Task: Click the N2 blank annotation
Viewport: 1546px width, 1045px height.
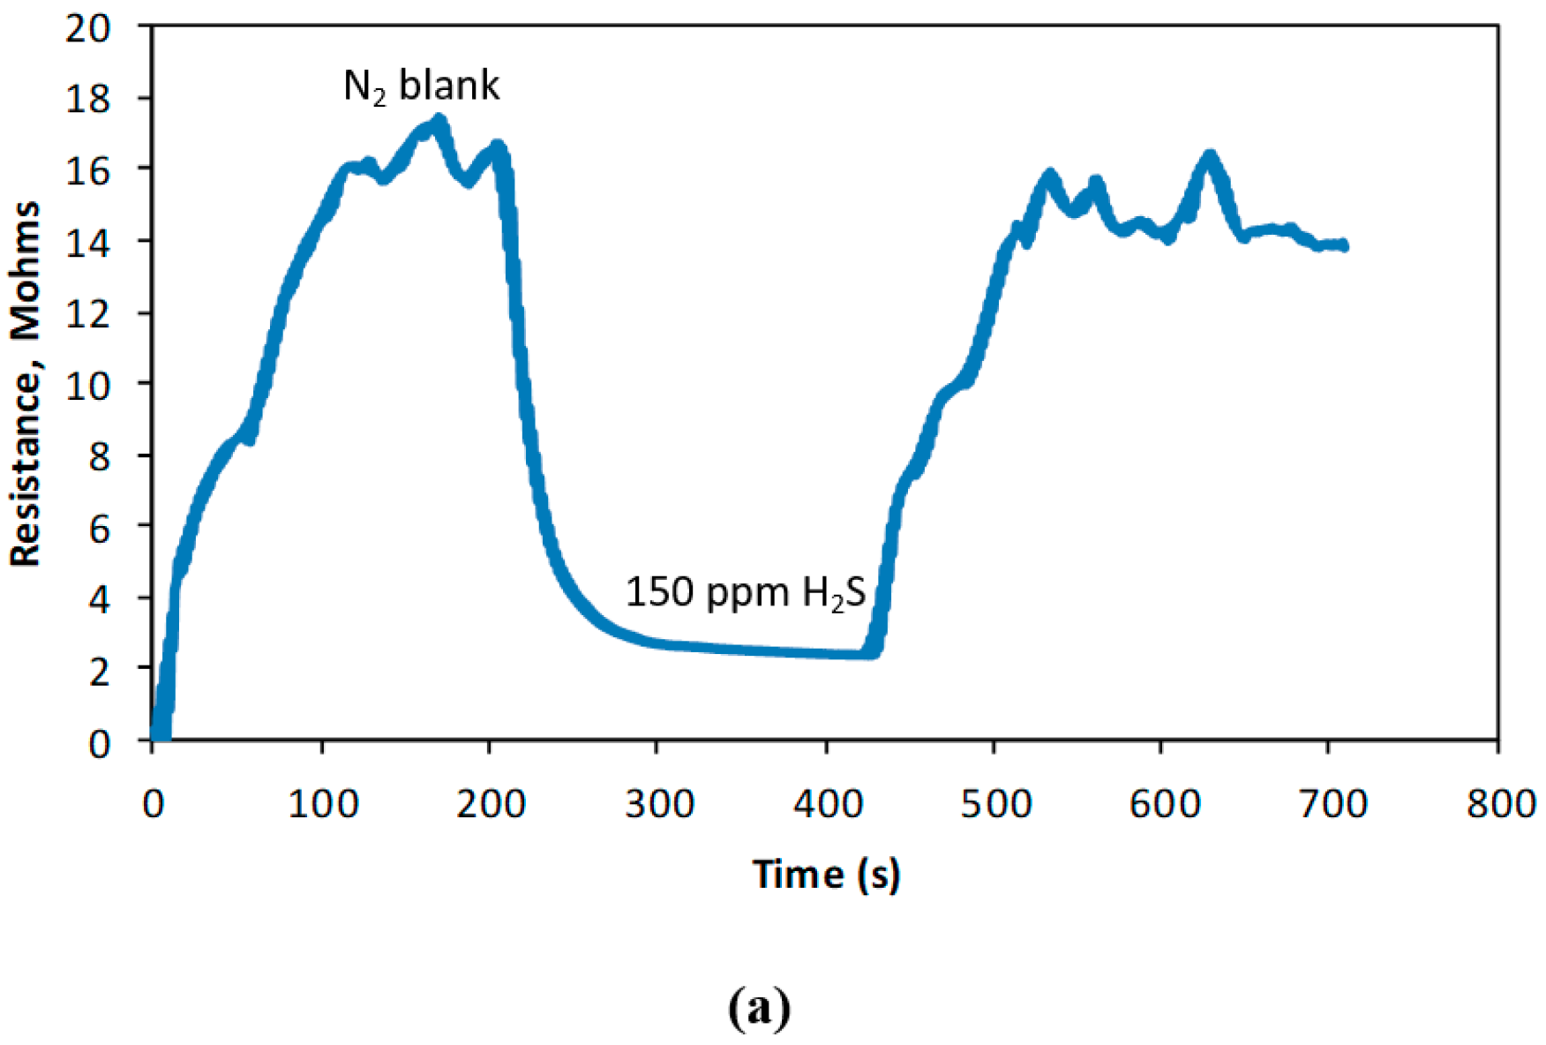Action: tap(421, 86)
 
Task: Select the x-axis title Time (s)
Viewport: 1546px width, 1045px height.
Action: tap(826, 874)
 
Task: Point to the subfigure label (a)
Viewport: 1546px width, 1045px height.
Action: tap(760, 1007)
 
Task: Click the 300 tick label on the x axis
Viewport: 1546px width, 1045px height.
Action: tap(658, 803)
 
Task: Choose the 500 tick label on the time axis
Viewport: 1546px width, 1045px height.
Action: tap(995, 803)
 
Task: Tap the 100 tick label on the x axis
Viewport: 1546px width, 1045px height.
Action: tap(323, 803)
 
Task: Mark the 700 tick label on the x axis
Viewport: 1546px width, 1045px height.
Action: tap(1332, 803)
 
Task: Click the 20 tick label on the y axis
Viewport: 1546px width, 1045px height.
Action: tap(88, 27)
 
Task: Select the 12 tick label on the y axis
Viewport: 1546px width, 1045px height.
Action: tap(88, 313)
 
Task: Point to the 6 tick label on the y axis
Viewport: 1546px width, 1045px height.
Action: tap(99, 528)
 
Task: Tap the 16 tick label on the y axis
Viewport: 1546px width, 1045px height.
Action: tap(88, 170)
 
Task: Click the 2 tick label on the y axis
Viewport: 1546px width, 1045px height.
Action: tap(99, 671)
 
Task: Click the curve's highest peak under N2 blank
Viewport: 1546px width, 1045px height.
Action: tap(439, 121)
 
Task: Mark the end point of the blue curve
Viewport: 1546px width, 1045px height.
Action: tap(1344, 245)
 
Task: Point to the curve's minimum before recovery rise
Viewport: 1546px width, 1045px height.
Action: tap(869, 653)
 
